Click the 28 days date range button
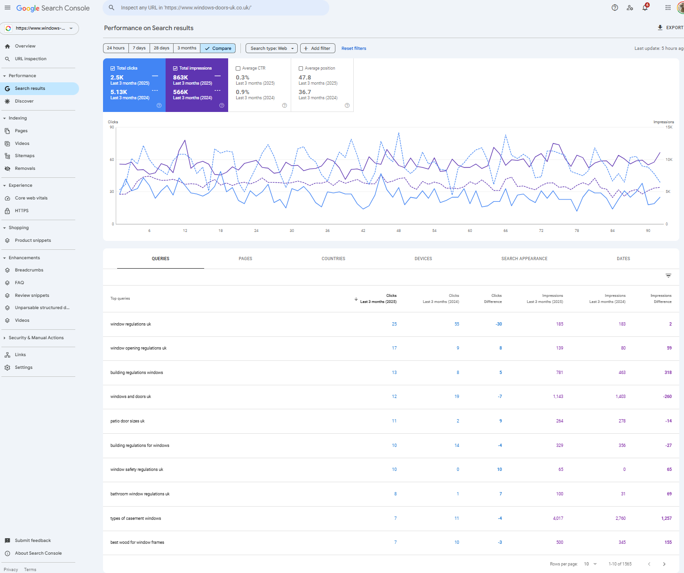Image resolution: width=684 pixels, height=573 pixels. tap(161, 48)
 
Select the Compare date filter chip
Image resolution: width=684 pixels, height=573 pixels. tap(218, 48)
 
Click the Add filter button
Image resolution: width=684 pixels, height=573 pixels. tap(318, 48)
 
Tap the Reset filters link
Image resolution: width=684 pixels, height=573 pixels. tap(353, 48)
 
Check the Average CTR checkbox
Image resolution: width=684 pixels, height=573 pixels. tap(238, 69)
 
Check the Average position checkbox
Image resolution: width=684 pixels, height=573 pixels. tap(301, 69)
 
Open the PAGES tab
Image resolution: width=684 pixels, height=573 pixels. tap(245, 259)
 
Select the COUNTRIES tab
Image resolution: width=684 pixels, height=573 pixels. tap(333, 259)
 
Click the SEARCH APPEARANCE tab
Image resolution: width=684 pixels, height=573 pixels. tap(524, 259)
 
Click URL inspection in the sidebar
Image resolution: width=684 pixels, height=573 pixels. tap(31, 59)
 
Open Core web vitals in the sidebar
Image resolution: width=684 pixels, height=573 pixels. tap(31, 198)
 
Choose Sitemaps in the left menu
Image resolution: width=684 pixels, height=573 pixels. tap(24, 156)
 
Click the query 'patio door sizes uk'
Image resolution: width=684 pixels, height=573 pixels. tap(127, 421)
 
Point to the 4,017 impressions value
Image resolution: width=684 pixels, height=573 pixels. tap(558, 518)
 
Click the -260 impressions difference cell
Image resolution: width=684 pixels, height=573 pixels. tap(667, 397)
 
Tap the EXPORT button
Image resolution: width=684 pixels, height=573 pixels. tap(670, 28)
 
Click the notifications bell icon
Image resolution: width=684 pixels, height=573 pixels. tap(645, 8)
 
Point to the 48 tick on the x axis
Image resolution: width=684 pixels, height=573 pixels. tap(398, 231)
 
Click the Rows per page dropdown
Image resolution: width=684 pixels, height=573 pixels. tap(590, 564)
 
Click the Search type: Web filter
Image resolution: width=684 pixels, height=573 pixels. tap(271, 48)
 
